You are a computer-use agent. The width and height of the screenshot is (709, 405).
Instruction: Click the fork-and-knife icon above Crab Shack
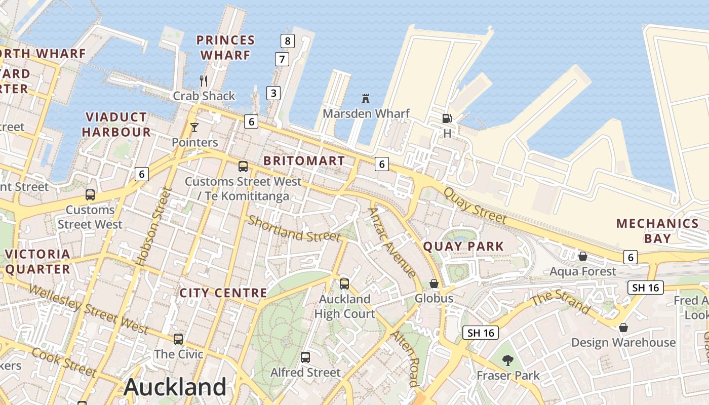tap(204, 80)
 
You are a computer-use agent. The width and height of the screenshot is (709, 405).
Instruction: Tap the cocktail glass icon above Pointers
tap(194, 127)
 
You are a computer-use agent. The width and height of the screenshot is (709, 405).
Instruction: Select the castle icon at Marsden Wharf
tap(366, 98)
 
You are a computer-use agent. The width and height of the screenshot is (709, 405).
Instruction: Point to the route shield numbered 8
tap(288, 40)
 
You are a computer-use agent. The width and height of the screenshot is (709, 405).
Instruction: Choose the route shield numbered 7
tap(282, 59)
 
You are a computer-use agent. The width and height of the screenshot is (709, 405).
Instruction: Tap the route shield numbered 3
tap(273, 93)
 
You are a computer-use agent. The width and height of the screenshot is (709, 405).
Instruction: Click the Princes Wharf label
tap(225, 47)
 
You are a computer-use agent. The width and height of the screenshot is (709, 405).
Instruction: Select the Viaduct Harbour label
tap(116, 125)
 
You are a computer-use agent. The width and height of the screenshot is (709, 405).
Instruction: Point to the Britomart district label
tap(304, 161)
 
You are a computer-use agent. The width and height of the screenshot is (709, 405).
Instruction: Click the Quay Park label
tap(463, 247)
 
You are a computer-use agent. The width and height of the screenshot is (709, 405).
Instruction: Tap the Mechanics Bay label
tap(658, 230)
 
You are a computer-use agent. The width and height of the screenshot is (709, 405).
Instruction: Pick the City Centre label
tap(223, 293)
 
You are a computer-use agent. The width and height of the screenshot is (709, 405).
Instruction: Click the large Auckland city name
tap(175, 387)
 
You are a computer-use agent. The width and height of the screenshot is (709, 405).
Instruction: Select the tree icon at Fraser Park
tap(507, 360)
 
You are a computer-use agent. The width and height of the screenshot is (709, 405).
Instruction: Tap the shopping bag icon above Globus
tap(434, 283)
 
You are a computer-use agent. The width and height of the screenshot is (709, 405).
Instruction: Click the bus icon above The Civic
tap(178, 339)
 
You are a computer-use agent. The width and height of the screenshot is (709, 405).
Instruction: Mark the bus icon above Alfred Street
tap(305, 357)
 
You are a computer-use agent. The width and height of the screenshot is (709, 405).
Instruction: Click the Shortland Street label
tap(294, 228)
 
